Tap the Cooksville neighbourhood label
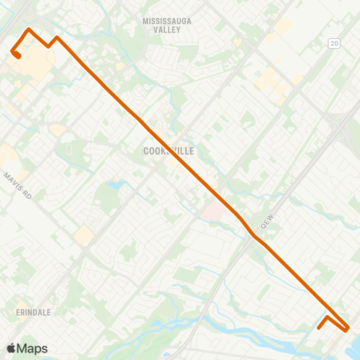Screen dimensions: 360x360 tap(168, 151)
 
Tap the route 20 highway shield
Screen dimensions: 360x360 tap(334, 44)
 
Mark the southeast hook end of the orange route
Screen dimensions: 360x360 tap(319, 327)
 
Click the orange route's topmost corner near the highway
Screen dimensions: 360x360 tap(28, 29)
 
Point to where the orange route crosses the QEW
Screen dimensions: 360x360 tap(253, 235)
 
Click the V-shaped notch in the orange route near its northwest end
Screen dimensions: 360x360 tap(49, 45)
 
